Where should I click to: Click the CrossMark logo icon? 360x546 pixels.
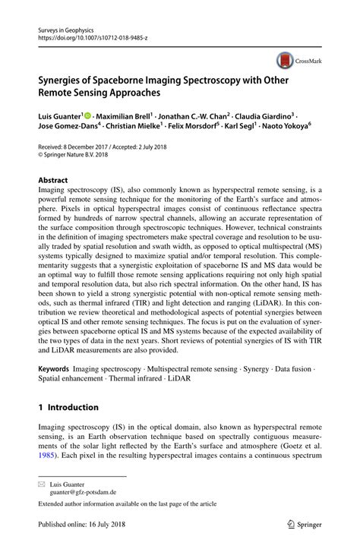pos(285,59)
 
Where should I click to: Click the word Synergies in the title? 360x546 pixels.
pos(66,77)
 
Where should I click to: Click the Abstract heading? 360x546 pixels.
pos(53,181)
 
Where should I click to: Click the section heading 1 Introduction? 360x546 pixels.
pos(68,407)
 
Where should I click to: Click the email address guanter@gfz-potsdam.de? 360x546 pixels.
pos(83,491)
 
